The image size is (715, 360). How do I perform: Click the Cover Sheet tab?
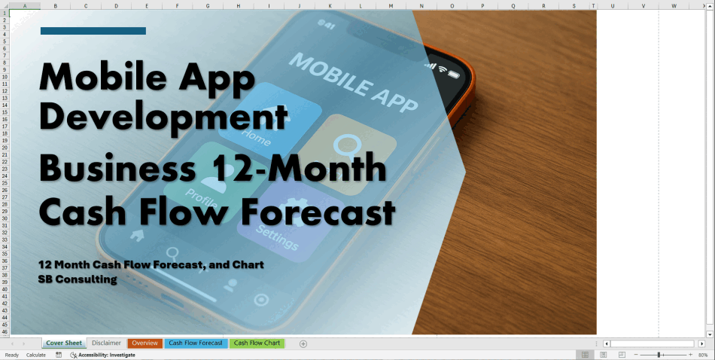[x=64, y=343]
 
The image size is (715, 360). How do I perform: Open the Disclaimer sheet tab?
[x=106, y=343]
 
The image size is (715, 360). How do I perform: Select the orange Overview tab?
[x=145, y=343]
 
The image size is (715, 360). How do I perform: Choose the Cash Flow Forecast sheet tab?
[x=196, y=343]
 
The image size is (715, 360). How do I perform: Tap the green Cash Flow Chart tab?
[x=257, y=343]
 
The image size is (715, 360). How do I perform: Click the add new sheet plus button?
[x=303, y=343]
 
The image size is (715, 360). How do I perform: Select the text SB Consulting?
[x=80, y=279]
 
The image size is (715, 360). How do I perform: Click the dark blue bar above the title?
[x=93, y=31]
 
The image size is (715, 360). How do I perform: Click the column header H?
[x=238, y=6]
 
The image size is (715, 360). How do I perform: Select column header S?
[x=574, y=6]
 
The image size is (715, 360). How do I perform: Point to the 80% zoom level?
[x=703, y=355]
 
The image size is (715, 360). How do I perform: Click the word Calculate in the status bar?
[x=35, y=355]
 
